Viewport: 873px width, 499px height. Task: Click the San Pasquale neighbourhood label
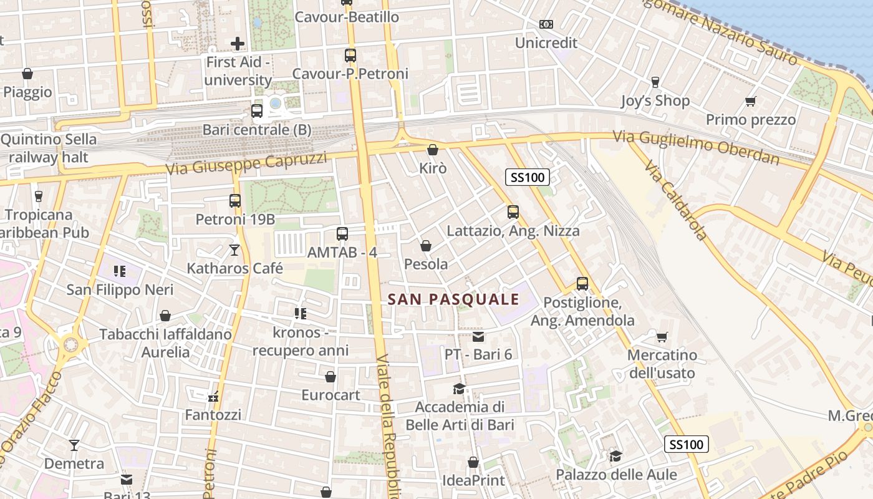453,299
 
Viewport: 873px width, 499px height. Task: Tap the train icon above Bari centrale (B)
256,112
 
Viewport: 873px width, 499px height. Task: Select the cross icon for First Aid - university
238,44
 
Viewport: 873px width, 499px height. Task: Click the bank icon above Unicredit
546,24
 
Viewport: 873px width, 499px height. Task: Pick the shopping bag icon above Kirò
433,150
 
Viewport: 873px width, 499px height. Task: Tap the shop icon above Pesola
426,246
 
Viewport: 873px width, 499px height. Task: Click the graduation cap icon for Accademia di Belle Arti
460,389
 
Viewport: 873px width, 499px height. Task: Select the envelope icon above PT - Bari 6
478,337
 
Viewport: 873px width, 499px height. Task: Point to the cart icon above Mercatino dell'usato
662,337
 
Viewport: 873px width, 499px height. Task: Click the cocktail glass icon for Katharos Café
234,250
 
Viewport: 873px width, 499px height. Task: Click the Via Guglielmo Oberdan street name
695,147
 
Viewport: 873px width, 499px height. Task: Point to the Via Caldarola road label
676,200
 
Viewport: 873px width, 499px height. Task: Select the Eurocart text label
330,395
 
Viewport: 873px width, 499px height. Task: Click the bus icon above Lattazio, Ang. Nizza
513,212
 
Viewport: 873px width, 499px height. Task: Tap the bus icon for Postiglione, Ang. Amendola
582,284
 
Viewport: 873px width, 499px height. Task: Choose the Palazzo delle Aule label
616,475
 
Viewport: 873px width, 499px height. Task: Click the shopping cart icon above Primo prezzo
751,101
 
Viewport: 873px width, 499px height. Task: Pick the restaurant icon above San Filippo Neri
120,271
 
